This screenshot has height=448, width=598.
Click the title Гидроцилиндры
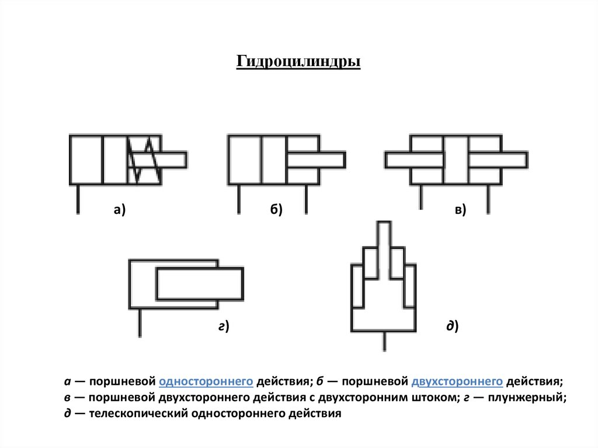[x=298, y=61]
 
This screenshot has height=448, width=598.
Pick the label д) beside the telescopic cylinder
[x=453, y=327]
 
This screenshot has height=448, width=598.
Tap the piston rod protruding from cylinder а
[x=174, y=159]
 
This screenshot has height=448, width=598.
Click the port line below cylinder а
[x=78, y=199]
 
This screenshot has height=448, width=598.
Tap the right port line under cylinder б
[x=305, y=199]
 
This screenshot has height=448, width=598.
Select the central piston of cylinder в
[x=456, y=159]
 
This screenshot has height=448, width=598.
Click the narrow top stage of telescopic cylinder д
[x=384, y=239]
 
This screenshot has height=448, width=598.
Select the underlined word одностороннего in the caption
[x=206, y=381]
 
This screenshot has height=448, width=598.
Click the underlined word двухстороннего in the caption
[x=457, y=381]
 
